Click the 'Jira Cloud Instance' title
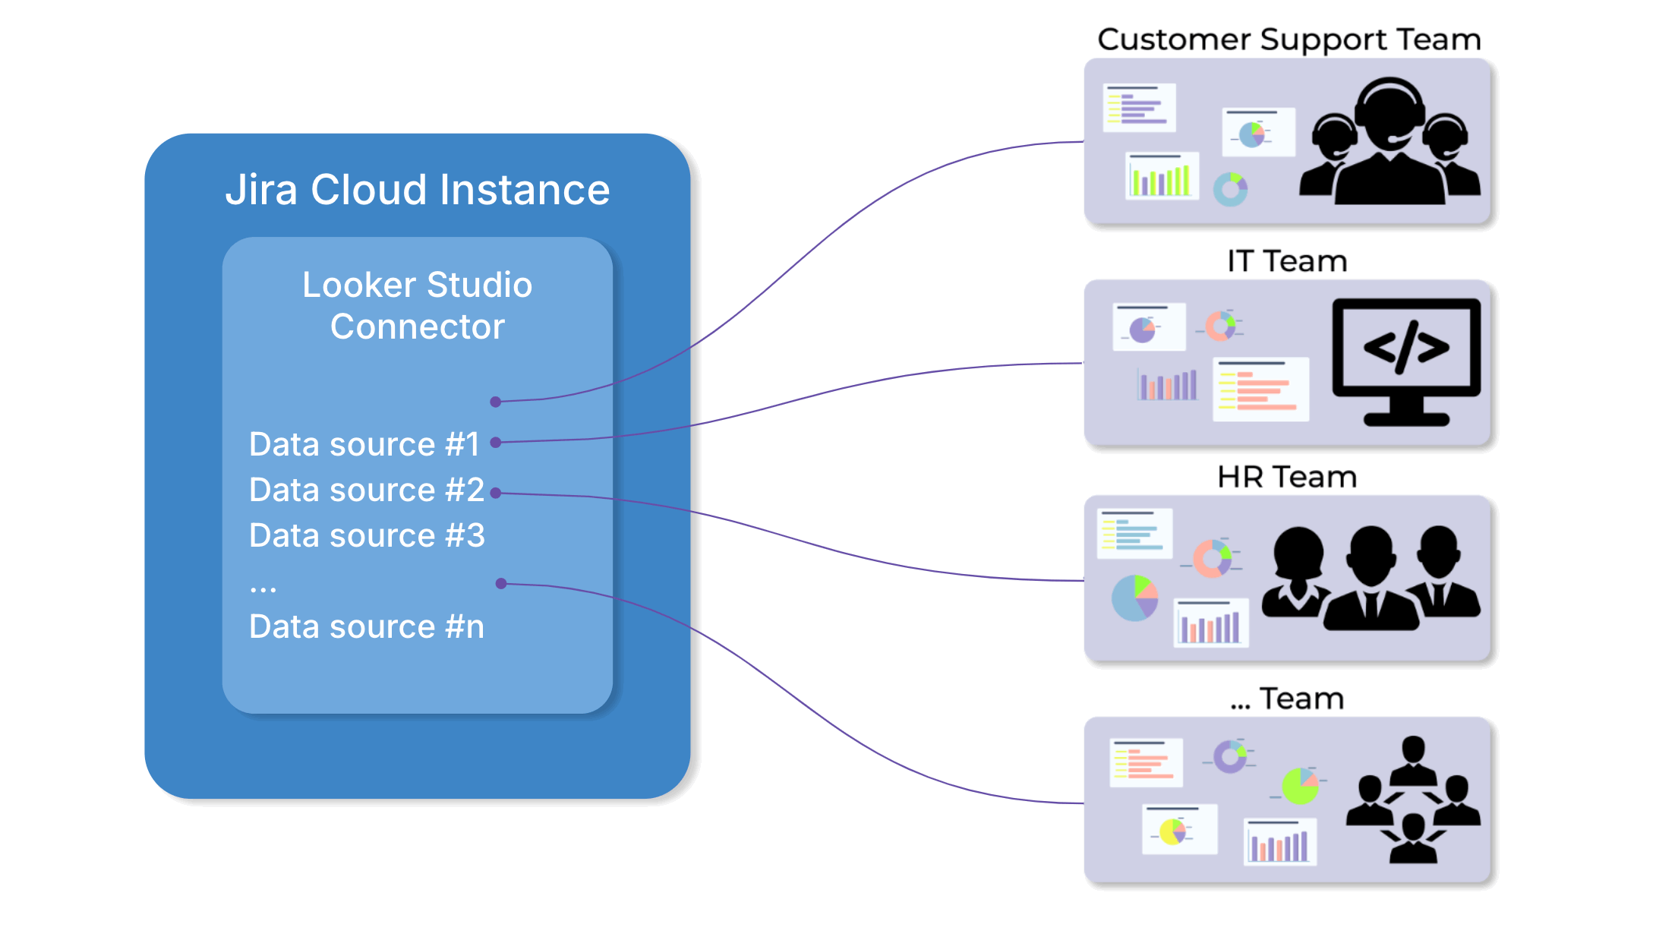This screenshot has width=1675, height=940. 418,190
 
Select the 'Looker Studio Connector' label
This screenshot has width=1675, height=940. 418,305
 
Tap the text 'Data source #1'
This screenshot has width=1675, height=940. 364,444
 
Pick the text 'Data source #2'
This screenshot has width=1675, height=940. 367,490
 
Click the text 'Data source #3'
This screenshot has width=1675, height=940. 367,535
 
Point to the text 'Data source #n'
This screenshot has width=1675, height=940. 367,627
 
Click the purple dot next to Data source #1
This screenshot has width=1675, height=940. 496,443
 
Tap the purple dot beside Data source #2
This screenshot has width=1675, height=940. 496,493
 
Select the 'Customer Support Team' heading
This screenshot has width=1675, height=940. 1289,39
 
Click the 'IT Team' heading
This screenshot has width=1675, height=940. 1287,261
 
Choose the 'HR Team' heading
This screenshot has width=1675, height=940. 1287,477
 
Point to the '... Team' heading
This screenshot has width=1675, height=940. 1287,699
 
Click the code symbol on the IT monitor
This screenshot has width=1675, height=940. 1406,348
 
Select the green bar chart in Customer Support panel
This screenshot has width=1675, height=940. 1161,178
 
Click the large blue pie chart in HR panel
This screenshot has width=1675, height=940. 1134,598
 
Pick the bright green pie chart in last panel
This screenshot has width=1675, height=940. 1300,786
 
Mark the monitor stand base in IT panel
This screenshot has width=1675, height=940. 1406,418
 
